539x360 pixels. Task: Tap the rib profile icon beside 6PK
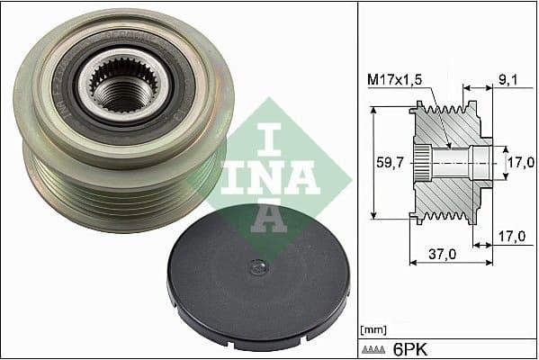(x=376, y=348)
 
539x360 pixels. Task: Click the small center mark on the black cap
(x=258, y=266)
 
